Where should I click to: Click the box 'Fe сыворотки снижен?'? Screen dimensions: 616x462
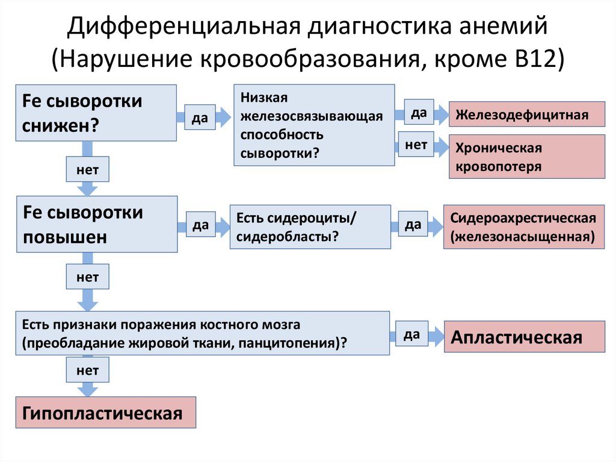click(96, 113)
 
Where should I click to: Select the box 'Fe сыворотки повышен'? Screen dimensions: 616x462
click(96, 223)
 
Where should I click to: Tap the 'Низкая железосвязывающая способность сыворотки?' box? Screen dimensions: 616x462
click(314, 125)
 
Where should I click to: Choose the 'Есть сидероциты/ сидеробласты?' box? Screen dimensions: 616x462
click(310, 226)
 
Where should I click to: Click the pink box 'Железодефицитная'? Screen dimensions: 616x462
click(526, 114)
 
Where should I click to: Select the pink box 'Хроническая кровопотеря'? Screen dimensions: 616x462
click(526, 157)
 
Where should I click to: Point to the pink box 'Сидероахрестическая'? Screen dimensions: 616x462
click(523, 226)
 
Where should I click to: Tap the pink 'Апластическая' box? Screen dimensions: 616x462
click(524, 337)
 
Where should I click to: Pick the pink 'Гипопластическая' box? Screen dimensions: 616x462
click(105, 413)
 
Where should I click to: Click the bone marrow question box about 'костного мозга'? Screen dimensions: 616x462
click(202, 333)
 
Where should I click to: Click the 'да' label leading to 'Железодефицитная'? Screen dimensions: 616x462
click(419, 113)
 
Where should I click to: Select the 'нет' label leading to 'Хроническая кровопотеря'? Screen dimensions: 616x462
click(416, 145)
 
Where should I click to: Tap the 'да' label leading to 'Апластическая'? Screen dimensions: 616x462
click(412, 335)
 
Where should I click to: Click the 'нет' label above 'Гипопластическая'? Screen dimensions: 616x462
click(88, 370)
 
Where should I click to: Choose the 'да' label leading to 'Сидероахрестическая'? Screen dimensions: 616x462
click(412, 225)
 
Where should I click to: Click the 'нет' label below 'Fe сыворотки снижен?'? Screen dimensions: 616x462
click(88, 170)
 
